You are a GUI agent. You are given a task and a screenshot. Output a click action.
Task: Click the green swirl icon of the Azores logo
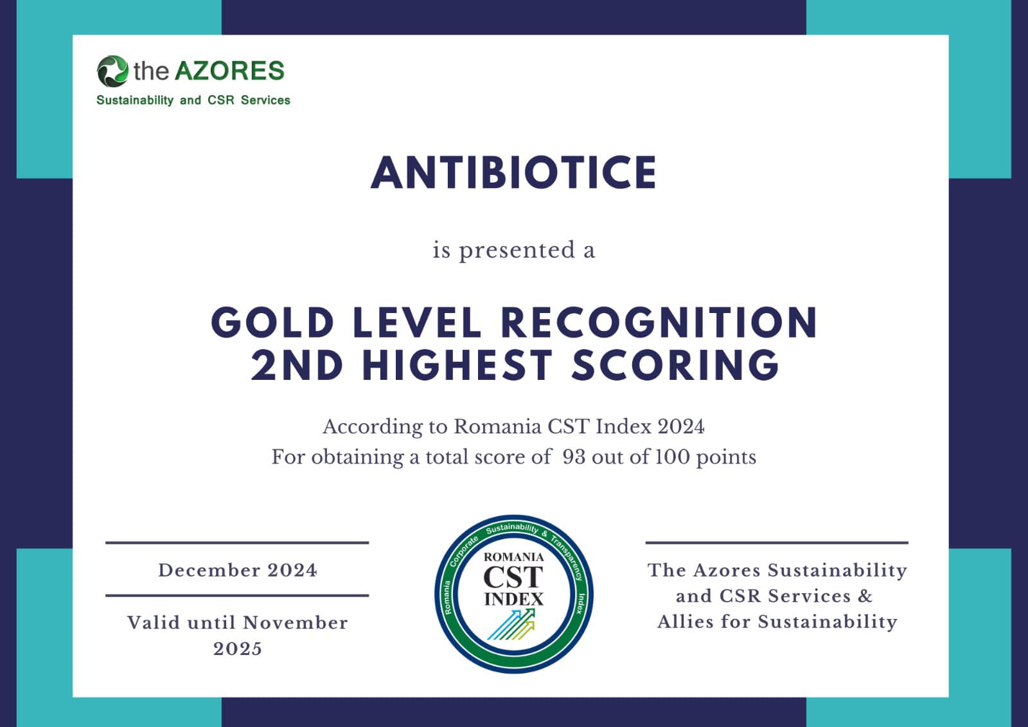click(112, 71)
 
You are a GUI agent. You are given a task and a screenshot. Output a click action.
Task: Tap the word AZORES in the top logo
click(229, 71)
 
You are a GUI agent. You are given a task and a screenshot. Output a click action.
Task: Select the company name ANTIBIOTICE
click(513, 173)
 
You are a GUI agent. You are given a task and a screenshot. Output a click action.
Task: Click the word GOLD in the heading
click(272, 323)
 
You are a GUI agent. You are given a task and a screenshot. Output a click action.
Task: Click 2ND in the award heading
click(296, 365)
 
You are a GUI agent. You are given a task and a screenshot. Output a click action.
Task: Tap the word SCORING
click(675, 365)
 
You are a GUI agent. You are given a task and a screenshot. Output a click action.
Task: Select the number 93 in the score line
click(574, 457)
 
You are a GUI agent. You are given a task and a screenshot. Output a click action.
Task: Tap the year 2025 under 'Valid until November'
click(237, 649)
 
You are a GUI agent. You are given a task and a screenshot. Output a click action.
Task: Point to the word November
click(295, 624)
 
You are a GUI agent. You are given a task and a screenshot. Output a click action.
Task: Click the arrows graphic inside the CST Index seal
click(511, 624)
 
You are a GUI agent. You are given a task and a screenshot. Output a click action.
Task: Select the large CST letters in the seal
click(513, 577)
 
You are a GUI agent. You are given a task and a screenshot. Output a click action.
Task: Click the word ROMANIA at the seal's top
click(513, 557)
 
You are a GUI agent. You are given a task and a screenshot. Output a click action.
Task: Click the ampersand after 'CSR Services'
click(865, 596)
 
